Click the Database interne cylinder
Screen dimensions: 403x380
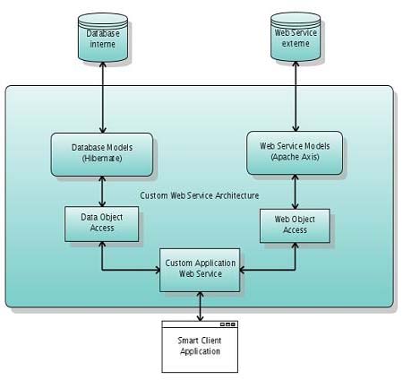(x=103, y=38)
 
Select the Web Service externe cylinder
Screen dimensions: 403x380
(x=296, y=37)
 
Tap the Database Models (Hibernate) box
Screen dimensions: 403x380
(x=102, y=154)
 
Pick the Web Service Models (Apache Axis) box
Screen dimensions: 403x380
(x=295, y=152)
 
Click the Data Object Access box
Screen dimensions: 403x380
(x=102, y=224)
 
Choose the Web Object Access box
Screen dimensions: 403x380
(x=295, y=226)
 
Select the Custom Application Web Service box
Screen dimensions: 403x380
(x=200, y=270)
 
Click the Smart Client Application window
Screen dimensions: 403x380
(x=200, y=347)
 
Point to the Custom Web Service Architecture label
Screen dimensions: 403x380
(x=200, y=195)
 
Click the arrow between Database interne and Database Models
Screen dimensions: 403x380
(x=103, y=98)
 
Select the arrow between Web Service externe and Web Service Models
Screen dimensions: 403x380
(x=296, y=96)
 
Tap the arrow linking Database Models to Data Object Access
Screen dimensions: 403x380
(x=102, y=191)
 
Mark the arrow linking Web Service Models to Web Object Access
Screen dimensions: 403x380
(x=295, y=192)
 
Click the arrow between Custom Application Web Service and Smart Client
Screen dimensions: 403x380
(x=200, y=307)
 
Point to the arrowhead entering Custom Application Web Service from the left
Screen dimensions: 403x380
(x=157, y=270)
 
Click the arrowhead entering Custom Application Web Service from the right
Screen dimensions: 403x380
(x=243, y=270)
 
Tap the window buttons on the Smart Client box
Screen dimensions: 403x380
(x=228, y=324)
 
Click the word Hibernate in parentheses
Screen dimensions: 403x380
(x=102, y=159)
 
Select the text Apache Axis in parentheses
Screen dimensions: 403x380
(x=295, y=157)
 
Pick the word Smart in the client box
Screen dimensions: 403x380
(x=186, y=341)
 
